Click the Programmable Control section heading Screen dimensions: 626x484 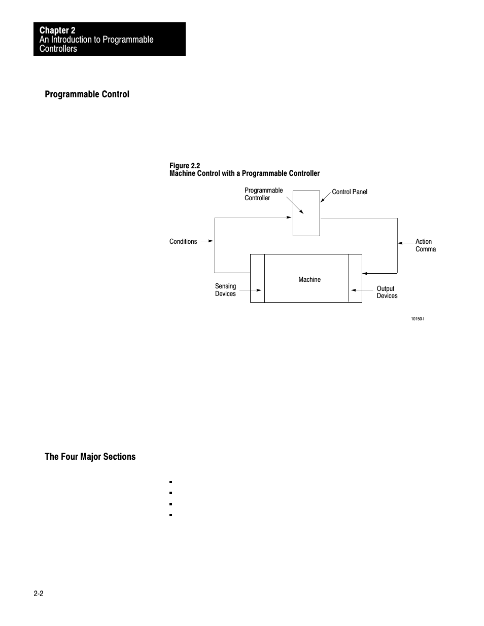pos(87,94)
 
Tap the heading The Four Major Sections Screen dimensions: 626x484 pos(90,457)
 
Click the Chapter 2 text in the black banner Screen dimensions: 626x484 pos(57,30)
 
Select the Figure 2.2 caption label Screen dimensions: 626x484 pos(185,166)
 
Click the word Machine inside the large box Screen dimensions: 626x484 pos(309,279)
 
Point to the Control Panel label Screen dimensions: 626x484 pos(350,192)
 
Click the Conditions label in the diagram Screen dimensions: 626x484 pos(183,241)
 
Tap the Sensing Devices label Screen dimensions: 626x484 pos(225,290)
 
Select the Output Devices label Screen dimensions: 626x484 pos(387,292)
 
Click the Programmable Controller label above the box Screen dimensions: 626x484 pos(263,194)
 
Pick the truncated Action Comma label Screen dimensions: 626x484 pos(425,245)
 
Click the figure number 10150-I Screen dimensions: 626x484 pos(418,319)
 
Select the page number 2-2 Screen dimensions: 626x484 pos(39,594)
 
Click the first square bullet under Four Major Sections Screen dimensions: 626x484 pos(171,482)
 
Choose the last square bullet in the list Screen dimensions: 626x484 pos(171,515)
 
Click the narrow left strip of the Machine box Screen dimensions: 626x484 pos(257,278)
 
